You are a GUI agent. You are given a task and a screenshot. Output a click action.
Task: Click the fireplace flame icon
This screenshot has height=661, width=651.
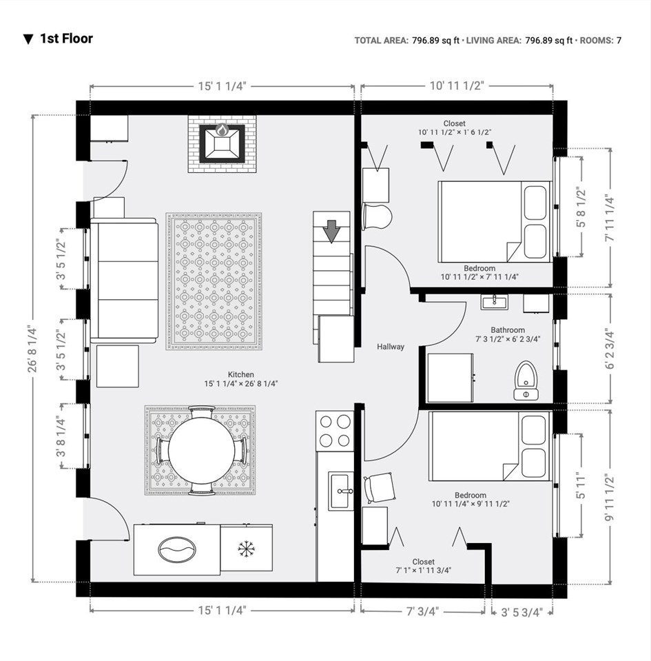click(x=222, y=130)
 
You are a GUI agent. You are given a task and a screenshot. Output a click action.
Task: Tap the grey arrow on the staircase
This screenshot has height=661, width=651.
click(x=332, y=232)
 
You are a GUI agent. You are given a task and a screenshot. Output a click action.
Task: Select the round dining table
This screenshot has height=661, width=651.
click(x=202, y=450)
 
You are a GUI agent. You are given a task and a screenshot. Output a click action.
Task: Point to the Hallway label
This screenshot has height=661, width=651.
click(x=391, y=347)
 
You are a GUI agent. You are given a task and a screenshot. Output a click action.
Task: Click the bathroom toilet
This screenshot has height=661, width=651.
click(x=526, y=380)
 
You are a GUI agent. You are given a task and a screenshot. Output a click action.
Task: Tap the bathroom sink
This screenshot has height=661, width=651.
click(x=494, y=302)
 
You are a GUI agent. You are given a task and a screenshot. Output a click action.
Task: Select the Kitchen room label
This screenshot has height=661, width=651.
click(x=241, y=374)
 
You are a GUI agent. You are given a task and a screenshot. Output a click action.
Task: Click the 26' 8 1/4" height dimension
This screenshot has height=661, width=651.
click(x=33, y=349)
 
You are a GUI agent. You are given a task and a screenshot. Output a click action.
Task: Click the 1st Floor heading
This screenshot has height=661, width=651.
click(x=67, y=39)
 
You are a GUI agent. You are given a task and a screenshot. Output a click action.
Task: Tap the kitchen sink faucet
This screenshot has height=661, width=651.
click(x=344, y=491)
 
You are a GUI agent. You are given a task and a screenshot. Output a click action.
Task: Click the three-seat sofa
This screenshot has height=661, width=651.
click(x=124, y=281)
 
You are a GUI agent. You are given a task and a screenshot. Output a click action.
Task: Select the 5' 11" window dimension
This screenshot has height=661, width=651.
click(x=581, y=486)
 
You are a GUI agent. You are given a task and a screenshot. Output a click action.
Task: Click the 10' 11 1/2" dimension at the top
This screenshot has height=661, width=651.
click(x=457, y=86)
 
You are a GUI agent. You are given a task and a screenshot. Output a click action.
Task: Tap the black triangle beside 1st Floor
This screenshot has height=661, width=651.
click(x=28, y=39)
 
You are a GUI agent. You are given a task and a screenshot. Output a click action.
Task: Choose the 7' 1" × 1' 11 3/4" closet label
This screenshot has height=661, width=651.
click(x=424, y=571)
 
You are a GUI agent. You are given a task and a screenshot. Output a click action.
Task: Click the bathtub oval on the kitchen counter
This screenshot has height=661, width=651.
click(x=177, y=549)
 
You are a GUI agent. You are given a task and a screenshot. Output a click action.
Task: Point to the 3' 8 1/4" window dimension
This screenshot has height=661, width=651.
click(x=61, y=436)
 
